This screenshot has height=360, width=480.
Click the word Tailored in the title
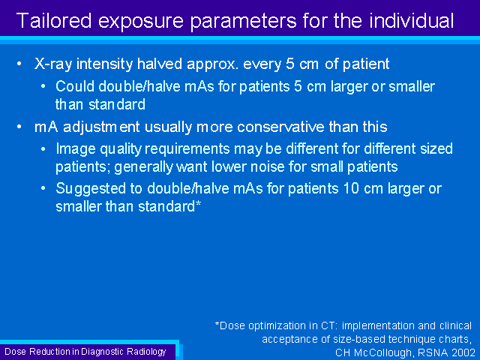point(54,20)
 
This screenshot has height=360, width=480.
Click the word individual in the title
point(412,20)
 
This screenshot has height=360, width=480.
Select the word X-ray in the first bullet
point(53,64)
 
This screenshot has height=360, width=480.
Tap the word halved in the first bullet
point(160,64)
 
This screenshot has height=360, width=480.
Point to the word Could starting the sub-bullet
point(75,86)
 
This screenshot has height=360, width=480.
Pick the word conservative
point(280,127)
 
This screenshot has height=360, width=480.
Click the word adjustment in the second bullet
point(101,127)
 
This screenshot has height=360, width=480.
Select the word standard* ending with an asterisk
point(169,206)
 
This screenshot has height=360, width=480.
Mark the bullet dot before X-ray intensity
point(19,64)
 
